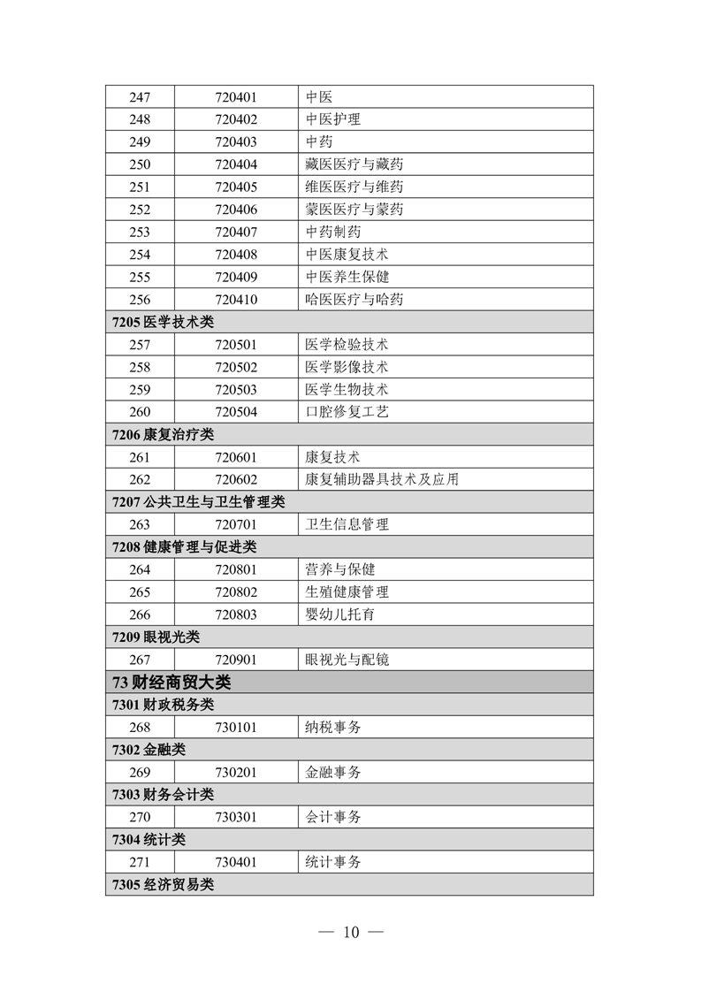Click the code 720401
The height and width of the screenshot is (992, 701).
(235, 97)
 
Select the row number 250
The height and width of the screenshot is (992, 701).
(140, 164)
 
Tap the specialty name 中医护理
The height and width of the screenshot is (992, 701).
(332, 119)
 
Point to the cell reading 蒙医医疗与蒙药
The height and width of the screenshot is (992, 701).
(354, 210)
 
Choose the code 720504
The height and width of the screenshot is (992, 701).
(235, 412)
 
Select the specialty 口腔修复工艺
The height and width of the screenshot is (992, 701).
(347, 412)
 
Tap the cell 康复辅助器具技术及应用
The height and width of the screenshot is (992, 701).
(382, 479)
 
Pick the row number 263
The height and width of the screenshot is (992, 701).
(140, 524)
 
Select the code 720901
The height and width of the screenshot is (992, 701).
(235, 660)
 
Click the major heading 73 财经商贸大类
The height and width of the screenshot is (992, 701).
(172, 683)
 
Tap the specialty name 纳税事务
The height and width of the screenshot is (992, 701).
(332, 727)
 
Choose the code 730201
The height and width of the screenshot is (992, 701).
(235, 772)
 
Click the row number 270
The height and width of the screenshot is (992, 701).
(140, 817)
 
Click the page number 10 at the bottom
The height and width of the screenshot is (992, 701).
(351, 932)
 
